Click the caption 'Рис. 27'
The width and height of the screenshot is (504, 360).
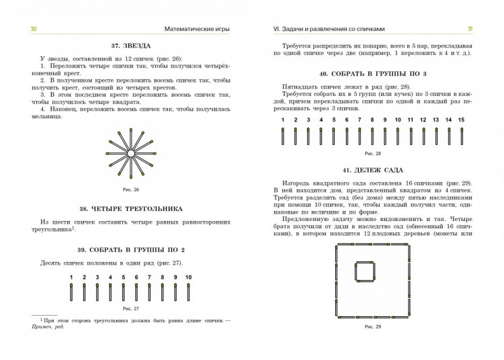click(x=130, y=308)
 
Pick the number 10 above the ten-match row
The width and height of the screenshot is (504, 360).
click(x=188, y=277)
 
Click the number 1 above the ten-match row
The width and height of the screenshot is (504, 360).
click(x=71, y=277)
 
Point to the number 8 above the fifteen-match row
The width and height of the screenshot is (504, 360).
click(x=372, y=120)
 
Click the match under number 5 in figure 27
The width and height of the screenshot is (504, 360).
click(x=123, y=292)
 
